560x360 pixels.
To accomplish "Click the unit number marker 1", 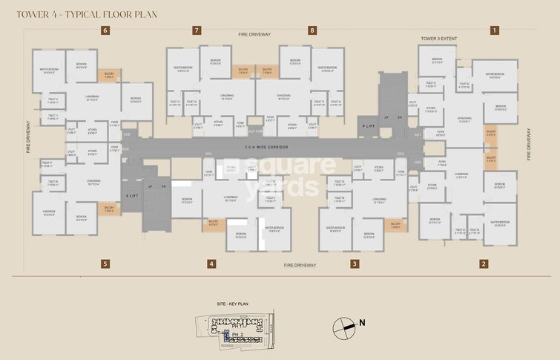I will (494, 30).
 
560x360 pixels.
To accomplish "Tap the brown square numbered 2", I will (484, 264).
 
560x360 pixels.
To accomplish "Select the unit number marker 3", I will (355, 264).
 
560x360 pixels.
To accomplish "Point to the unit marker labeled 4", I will (211, 264).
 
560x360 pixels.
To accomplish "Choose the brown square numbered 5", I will (105, 264).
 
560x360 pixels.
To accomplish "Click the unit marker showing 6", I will (105, 30).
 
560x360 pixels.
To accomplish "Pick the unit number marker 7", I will (197, 30).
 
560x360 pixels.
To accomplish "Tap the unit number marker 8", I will (312, 30).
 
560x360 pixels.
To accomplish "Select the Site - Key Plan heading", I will (231, 305).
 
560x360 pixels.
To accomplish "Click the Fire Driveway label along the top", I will (254, 35).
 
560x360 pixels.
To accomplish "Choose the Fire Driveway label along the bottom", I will (300, 265).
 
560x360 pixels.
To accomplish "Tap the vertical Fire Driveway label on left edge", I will (27, 137).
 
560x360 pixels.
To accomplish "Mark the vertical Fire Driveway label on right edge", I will (528, 144).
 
